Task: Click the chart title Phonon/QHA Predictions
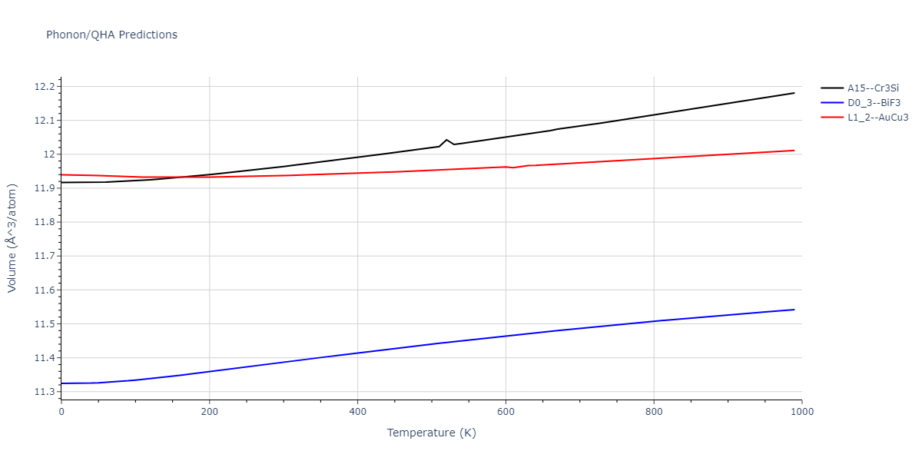click(111, 35)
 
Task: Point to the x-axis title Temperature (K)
click(431, 433)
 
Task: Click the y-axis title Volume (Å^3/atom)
click(12, 238)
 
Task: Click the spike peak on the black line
click(446, 140)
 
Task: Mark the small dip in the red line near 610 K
click(514, 167)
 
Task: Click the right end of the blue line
click(794, 310)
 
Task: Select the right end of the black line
click(794, 93)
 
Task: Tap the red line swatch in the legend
click(832, 118)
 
